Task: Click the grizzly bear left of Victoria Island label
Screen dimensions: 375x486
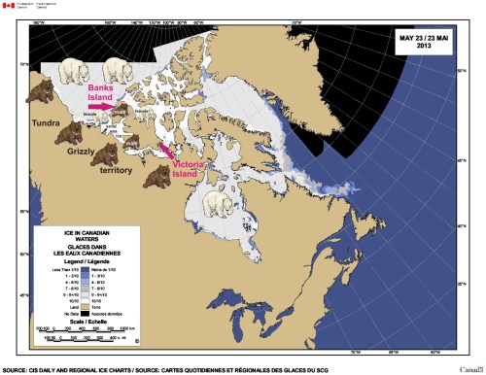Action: pos(156,176)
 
